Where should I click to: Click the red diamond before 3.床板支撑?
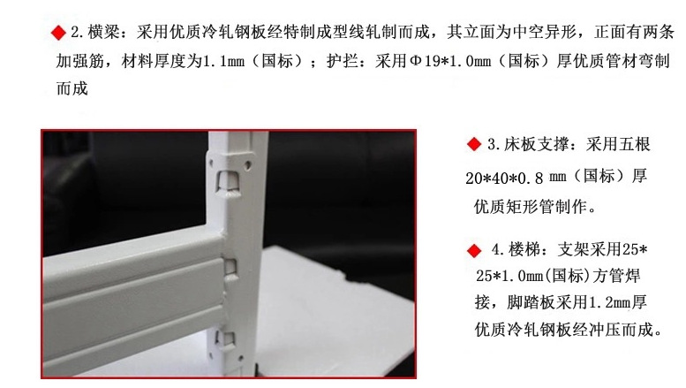coord(471,144)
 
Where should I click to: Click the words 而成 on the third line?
coord(72,89)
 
